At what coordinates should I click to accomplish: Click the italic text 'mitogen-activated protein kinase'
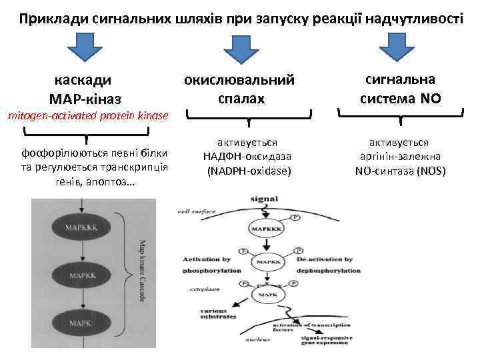tap(87, 116)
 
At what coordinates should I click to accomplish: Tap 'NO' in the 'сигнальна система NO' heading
tap(430, 99)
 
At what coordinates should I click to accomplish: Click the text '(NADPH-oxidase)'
tap(248, 171)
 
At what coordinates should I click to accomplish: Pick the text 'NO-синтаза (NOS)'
tap(400, 171)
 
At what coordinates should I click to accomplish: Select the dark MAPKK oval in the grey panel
tap(83, 274)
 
